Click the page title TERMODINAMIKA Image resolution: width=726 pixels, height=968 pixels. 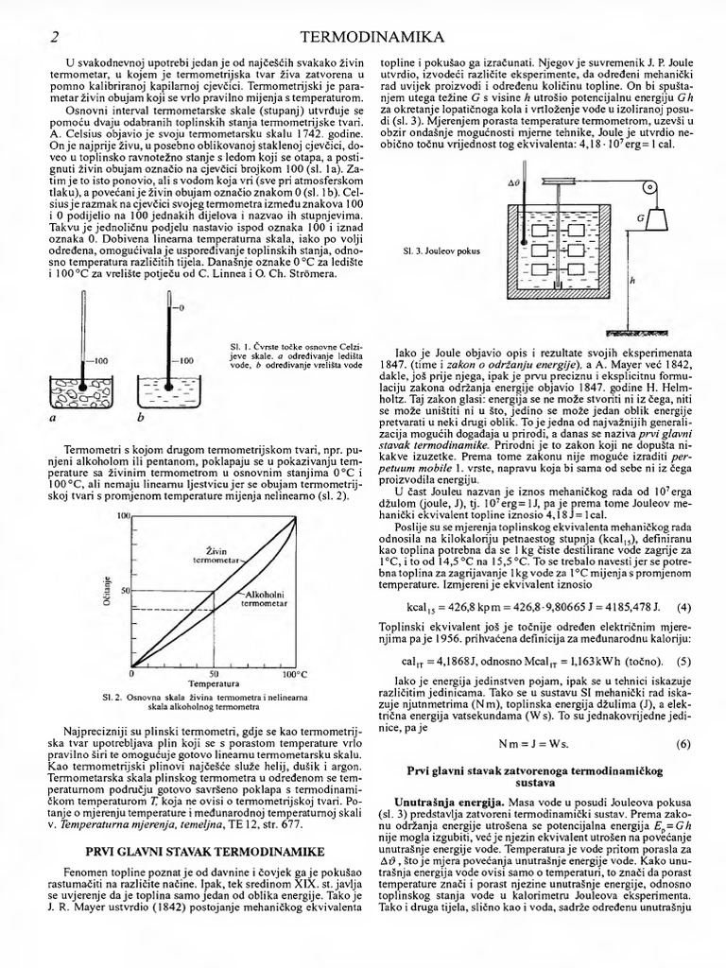[x=371, y=37]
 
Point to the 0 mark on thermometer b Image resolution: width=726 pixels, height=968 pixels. [x=180, y=309]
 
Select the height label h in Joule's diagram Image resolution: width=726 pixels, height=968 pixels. [x=631, y=281]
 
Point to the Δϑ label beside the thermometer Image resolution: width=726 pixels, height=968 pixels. [x=514, y=181]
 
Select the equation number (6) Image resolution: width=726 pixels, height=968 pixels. [x=683, y=744]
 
